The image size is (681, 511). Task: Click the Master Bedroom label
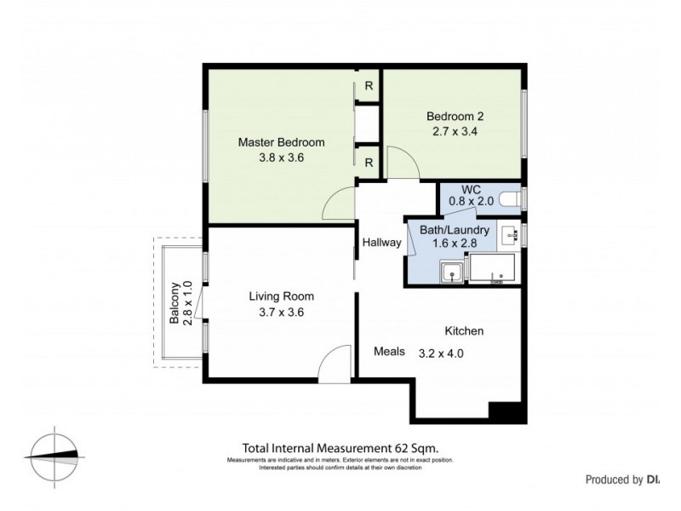tap(281, 142)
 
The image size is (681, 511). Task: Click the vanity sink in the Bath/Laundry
tap(510, 234)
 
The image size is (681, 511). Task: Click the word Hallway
tap(381, 243)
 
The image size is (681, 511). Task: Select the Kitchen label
tap(464, 330)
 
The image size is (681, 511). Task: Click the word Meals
tap(389, 351)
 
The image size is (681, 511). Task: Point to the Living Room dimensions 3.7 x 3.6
tap(281, 312)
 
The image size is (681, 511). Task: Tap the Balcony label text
tap(175, 304)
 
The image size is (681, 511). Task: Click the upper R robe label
tap(369, 85)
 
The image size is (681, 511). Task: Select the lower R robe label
tap(369, 162)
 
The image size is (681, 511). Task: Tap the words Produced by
tap(613, 479)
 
